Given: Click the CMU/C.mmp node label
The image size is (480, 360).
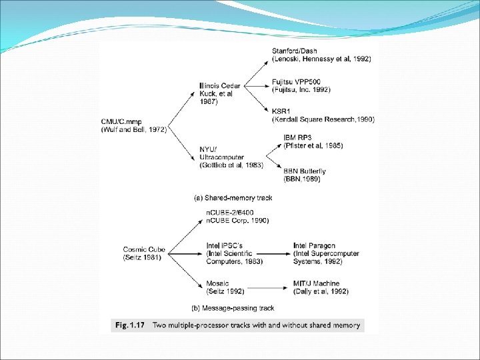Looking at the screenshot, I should [x=133, y=125].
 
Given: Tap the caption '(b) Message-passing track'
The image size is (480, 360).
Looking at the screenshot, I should [x=233, y=308].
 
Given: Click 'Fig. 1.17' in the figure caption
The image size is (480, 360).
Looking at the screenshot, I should [x=129, y=325].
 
